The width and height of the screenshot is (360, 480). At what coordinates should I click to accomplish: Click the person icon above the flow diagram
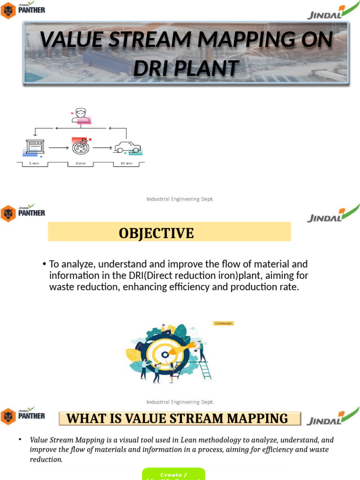click(x=81, y=115)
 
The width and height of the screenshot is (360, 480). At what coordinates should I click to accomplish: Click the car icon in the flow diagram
click(x=127, y=147)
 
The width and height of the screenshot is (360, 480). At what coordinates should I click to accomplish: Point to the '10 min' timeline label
click(x=127, y=164)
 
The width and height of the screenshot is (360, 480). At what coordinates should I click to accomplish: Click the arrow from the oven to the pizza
click(x=58, y=148)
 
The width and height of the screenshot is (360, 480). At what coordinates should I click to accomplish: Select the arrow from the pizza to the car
click(x=103, y=148)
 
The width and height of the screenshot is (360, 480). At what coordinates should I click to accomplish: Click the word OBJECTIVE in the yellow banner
click(x=156, y=233)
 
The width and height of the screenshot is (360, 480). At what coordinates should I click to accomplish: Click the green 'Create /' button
click(x=173, y=475)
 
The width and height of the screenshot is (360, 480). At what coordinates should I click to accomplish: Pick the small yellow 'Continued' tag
click(x=223, y=323)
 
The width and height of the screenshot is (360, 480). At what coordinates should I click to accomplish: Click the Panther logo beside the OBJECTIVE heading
click(x=23, y=213)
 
